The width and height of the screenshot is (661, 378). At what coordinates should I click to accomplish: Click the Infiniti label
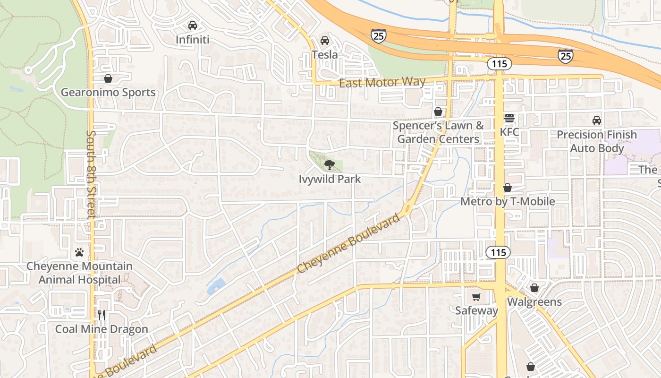tap(192, 40)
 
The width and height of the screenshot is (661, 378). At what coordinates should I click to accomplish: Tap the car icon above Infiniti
tap(192, 25)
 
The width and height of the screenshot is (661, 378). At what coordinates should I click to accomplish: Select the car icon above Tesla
tap(325, 41)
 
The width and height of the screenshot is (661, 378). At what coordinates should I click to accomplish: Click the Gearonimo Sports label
tap(108, 92)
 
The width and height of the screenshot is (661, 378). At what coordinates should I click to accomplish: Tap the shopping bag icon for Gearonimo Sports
tap(108, 78)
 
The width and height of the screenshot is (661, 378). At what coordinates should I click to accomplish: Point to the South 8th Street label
tap(91, 175)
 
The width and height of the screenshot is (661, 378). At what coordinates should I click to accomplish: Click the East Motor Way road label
tap(382, 82)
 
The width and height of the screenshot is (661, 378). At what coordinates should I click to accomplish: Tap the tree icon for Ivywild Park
tap(329, 165)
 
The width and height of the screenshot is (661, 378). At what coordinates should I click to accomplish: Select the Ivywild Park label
tap(330, 179)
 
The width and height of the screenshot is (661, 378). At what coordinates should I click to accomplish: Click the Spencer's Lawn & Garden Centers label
tap(438, 132)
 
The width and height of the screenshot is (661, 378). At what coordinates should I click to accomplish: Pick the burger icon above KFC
tap(509, 118)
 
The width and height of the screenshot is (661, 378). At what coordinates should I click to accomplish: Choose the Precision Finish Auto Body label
tap(597, 141)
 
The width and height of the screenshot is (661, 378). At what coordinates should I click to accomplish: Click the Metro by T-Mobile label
tap(508, 202)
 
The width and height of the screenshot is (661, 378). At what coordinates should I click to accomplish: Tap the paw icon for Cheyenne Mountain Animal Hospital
tap(79, 252)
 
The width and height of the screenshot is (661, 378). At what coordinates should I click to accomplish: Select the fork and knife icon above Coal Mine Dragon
tap(102, 315)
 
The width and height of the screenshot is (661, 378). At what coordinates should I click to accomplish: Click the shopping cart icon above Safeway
tap(476, 297)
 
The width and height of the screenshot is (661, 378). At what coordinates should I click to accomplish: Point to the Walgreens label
tap(534, 302)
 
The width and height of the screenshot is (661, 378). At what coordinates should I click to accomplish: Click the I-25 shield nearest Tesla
tap(378, 35)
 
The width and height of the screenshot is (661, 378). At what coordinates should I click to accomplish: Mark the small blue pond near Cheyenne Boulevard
tap(216, 286)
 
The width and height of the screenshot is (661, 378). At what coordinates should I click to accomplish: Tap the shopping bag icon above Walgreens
tap(534, 288)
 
